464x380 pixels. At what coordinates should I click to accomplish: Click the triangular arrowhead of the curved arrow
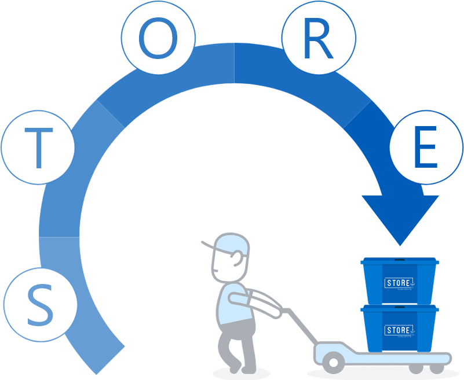click(x=400, y=217)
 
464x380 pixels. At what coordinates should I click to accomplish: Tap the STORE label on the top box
click(x=399, y=283)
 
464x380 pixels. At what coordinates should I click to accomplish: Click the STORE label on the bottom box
click(x=399, y=330)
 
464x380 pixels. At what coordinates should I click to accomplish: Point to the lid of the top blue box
click(x=400, y=261)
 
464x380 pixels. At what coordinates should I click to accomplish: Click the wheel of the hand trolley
click(x=333, y=362)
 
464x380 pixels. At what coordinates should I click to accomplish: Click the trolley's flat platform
click(x=382, y=355)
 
